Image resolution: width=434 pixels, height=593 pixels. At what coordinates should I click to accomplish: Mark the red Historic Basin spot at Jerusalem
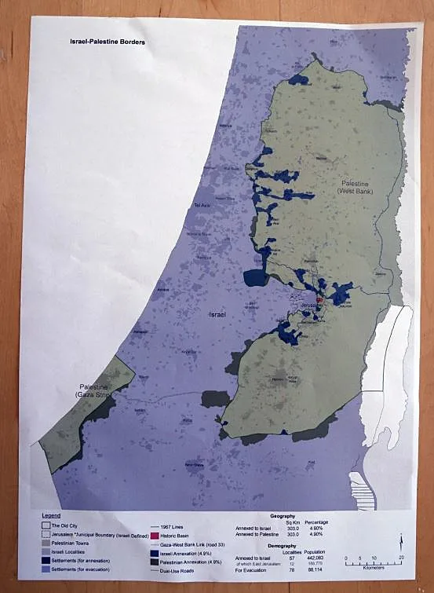tap(319, 300)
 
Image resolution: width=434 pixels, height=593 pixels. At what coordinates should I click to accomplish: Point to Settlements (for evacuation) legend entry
tap(79, 569)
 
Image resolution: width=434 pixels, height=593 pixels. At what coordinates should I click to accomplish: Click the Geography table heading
tap(283, 516)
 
